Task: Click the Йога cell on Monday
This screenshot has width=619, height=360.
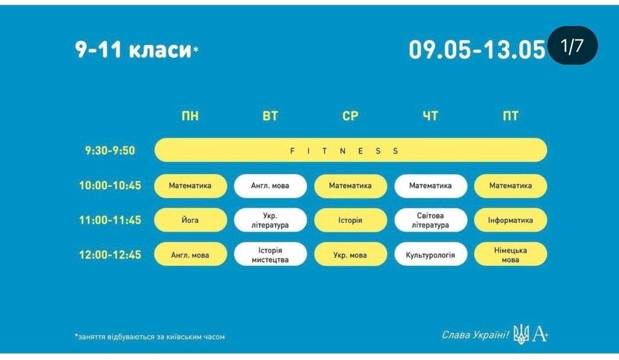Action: click(x=190, y=220)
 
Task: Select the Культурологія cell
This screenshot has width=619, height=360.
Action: click(x=430, y=254)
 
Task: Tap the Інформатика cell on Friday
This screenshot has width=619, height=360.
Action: click(x=510, y=220)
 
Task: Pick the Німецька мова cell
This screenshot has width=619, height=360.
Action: click(x=510, y=254)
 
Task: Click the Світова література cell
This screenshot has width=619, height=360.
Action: click(x=430, y=220)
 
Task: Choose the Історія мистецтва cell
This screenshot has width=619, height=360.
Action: click(x=270, y=254)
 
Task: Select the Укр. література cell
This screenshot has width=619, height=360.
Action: click(x=270, y=220)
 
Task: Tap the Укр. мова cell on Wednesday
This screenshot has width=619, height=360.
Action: click(x=350, y=254)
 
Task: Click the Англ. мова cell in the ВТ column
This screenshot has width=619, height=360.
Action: click(x=270, y=186)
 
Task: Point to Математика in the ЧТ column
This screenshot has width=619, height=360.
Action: click(x=430, y=186)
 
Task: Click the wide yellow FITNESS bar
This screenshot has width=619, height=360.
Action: click(x=351, y=150)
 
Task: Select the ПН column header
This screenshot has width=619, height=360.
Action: click(x=190, y=116)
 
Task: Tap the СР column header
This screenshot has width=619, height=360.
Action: click(x=350, y=116)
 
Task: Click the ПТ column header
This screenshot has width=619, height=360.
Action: click(x=510, y=116)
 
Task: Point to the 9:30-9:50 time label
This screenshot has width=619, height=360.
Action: click(x=110, y=151)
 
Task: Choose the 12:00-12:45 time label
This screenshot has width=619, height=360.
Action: click(x=110, y=255)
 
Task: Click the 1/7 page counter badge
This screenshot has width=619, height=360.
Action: click(x=573, y=45)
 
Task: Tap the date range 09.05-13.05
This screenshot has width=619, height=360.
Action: click(x=476, y=50)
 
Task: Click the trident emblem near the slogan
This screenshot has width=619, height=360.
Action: click(x=521, y=334)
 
